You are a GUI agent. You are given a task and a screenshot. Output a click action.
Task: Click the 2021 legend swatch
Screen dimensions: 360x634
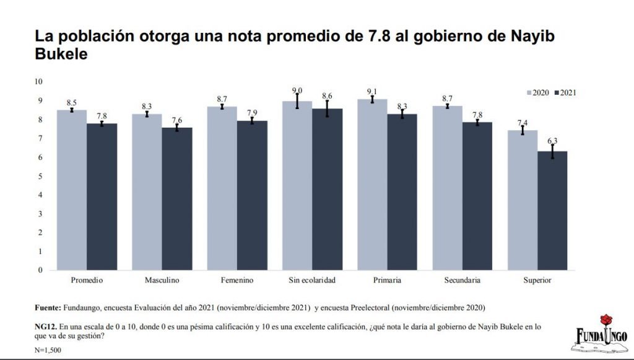[x=557, y=93]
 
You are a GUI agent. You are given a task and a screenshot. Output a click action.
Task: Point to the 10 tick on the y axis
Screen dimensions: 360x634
[x=38, y=81]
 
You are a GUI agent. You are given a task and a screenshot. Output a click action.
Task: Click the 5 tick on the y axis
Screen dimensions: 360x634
[x=40, y=176]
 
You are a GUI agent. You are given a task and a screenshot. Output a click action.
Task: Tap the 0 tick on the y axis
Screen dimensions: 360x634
[x=40, y=270]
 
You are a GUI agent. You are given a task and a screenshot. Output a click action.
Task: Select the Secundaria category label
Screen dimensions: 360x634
[x=462, y=281]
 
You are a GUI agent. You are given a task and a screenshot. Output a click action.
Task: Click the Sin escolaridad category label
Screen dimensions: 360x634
[x=312, y=281]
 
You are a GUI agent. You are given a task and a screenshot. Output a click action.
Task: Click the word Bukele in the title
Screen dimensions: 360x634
[x=61, y=54]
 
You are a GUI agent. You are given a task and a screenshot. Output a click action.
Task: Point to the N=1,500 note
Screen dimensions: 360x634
[x=48, y=351]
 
